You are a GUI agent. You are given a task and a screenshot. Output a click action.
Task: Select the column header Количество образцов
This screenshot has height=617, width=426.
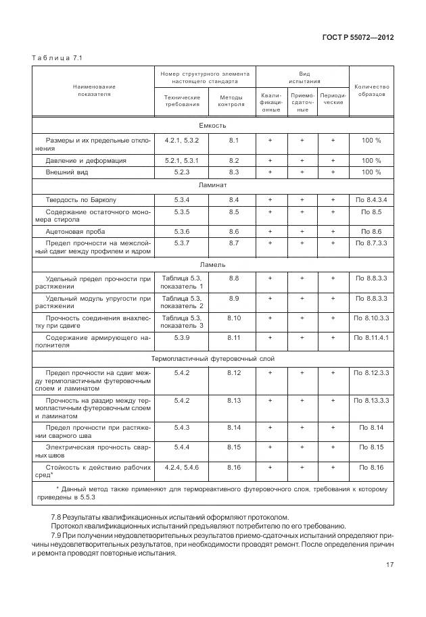click(371, 91)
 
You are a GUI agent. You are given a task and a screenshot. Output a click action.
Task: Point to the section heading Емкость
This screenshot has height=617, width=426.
click(212, 126)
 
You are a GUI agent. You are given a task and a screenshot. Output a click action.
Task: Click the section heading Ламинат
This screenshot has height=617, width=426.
click(212, 184)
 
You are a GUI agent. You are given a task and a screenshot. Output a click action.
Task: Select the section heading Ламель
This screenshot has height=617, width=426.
click(212, 264)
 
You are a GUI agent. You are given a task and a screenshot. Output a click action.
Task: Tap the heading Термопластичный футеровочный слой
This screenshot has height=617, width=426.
click(212, 359)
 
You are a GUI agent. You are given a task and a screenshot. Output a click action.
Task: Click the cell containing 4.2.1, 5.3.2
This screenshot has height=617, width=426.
click(182, 141)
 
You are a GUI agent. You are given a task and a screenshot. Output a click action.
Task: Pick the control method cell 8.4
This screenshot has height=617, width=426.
click(234, 199)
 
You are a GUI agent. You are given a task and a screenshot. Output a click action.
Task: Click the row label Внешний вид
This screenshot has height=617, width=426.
click(67, 172)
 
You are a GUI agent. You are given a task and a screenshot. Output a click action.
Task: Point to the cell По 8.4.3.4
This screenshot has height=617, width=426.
click(371, 199)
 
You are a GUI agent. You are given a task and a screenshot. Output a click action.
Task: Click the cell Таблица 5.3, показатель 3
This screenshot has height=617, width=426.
click(182, 321)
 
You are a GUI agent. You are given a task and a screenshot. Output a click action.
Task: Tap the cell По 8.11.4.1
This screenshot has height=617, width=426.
click(371, 337)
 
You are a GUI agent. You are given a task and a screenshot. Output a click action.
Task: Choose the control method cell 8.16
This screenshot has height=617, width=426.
click(234, 467)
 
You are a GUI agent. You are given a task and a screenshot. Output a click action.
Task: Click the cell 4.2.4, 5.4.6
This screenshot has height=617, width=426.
click(182, 467)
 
